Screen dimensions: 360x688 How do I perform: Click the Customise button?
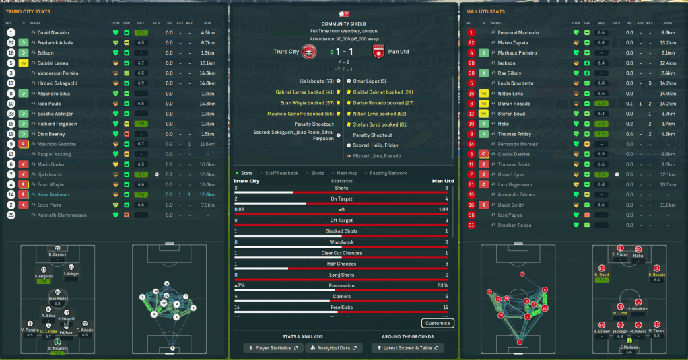pos(438,323)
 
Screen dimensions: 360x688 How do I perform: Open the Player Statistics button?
pos(273,347)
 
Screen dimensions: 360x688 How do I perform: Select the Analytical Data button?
pos(333,347)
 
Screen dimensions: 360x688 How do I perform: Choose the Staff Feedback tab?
pos(280,173)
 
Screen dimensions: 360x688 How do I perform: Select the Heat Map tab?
pos(347,173)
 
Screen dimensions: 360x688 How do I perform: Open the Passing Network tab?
pos(388,173)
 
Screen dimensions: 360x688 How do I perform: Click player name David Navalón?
pos(53,32)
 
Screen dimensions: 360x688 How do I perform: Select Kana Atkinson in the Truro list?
pos(55,194)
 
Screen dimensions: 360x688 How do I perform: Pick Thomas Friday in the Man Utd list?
pos(515,134)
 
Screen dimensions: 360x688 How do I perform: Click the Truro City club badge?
pos(310,52)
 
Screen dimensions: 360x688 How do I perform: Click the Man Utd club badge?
pos(378,52)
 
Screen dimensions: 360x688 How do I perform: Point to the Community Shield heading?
pos(343,24)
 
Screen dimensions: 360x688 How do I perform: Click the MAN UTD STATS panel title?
pos(487,11)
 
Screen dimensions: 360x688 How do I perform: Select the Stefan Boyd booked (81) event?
pos(380,124)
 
